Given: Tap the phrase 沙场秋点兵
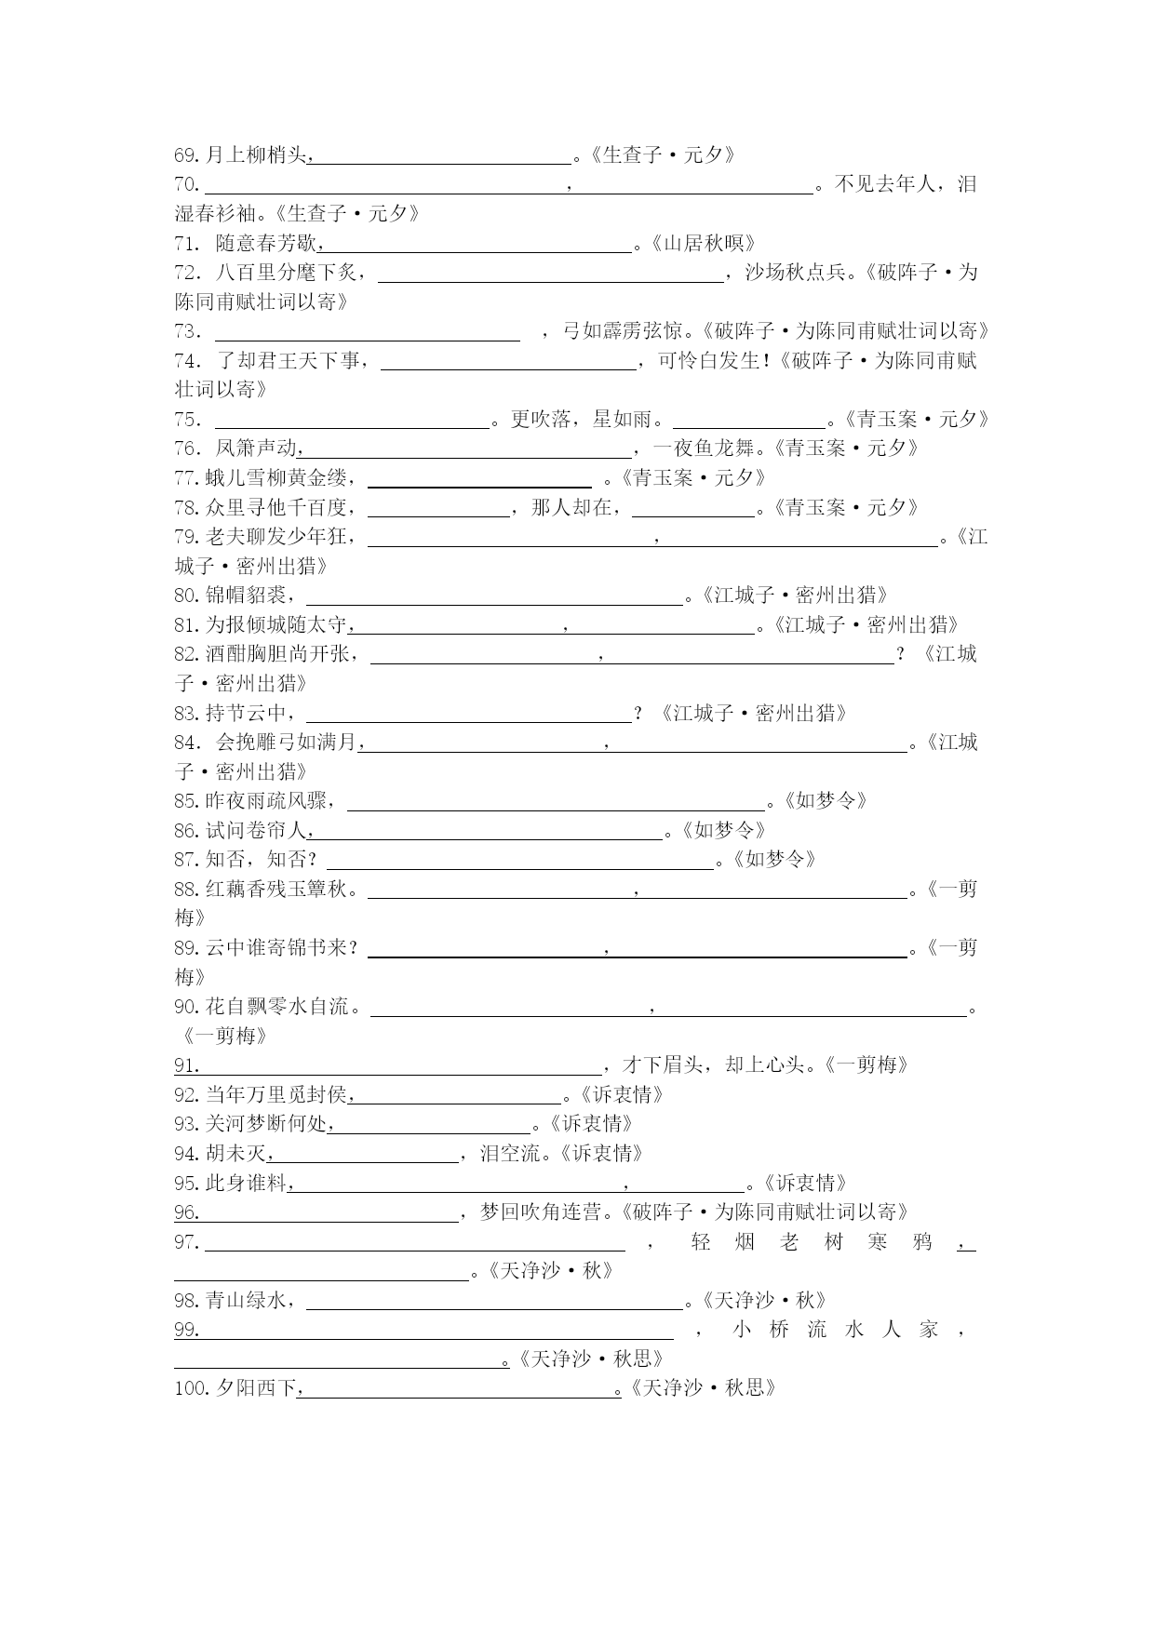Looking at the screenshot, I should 797,273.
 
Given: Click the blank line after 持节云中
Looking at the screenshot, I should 468,715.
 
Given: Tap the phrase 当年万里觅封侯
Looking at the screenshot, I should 276,1095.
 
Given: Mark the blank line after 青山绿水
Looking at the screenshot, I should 494,1302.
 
